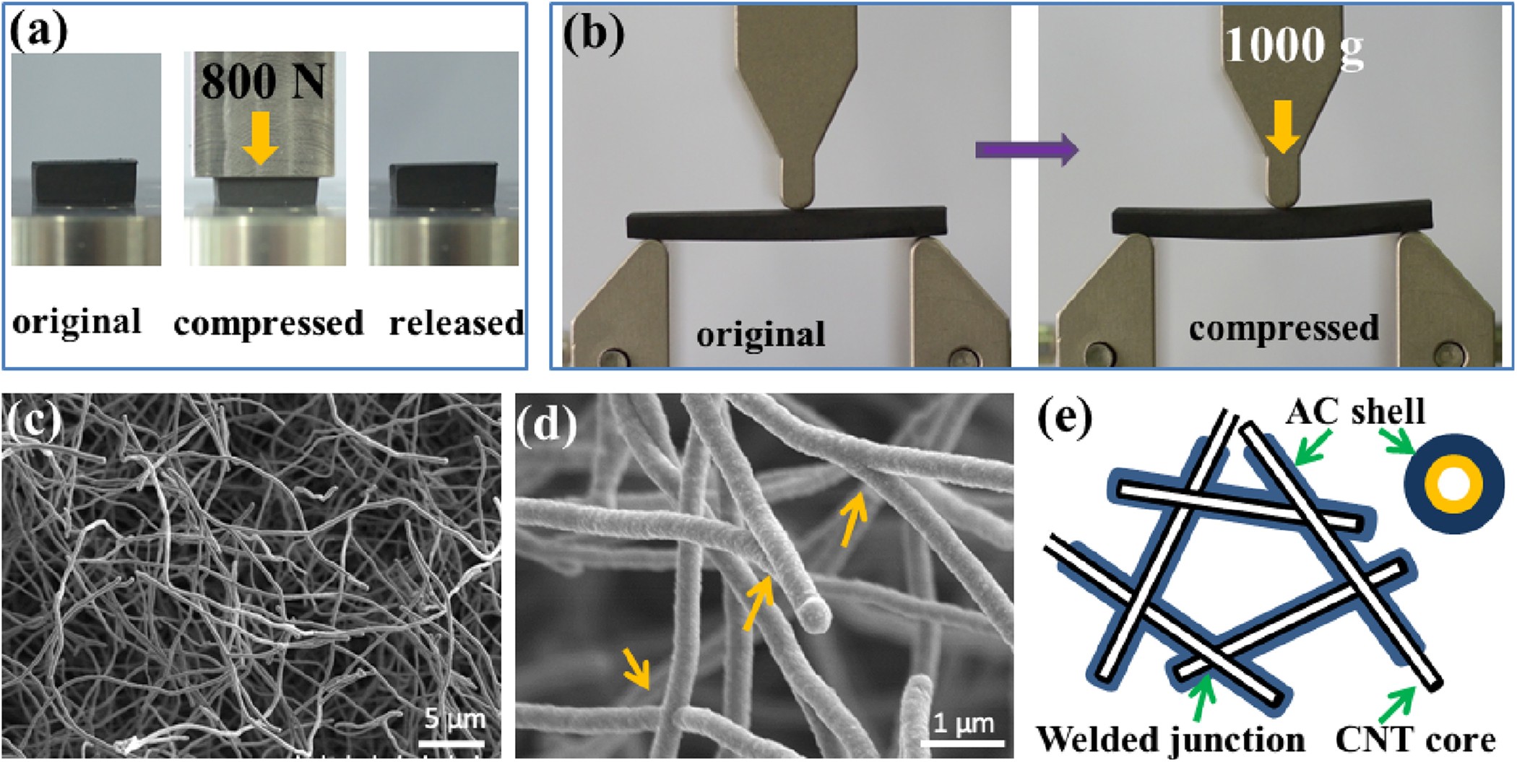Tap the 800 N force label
point(263,80)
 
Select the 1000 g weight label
point(1293,46)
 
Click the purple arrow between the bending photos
point(1027,150)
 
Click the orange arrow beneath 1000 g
point(1282,127)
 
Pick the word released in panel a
point(456,323)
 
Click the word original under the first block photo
point(77,321)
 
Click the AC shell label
point(1354,412)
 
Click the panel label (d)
point(547,425)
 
